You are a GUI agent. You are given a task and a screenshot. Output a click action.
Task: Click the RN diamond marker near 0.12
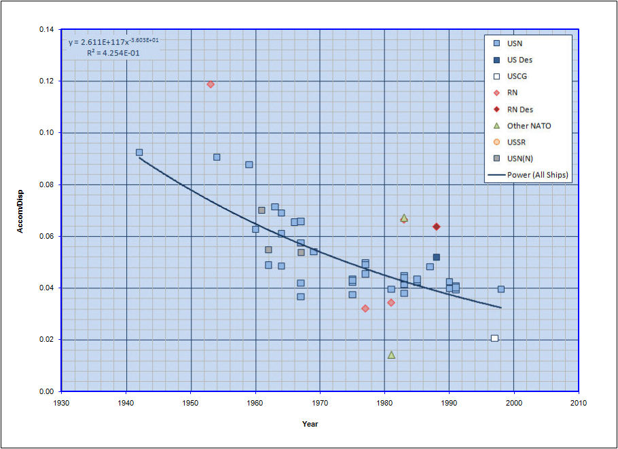211,84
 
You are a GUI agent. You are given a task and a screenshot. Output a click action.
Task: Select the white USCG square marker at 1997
494,338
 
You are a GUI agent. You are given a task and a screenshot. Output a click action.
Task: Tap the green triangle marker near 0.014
391,355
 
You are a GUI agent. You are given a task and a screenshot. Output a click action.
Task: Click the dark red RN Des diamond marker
436,227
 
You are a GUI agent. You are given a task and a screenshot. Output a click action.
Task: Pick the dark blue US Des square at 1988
436,257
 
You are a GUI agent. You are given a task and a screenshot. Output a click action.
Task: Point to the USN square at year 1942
139,153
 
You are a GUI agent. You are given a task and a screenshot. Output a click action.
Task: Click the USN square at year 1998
501,289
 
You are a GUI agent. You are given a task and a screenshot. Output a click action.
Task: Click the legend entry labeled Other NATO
528,125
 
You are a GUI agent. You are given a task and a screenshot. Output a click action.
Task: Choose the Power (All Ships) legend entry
537,175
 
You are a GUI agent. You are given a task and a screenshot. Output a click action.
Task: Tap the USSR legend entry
516,142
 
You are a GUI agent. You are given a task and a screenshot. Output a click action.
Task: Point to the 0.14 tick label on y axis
47,30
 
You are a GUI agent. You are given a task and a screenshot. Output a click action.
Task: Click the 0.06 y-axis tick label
47,237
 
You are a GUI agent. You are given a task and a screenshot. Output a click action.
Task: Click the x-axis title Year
310,425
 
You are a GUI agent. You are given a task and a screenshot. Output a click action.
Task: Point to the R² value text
113,53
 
